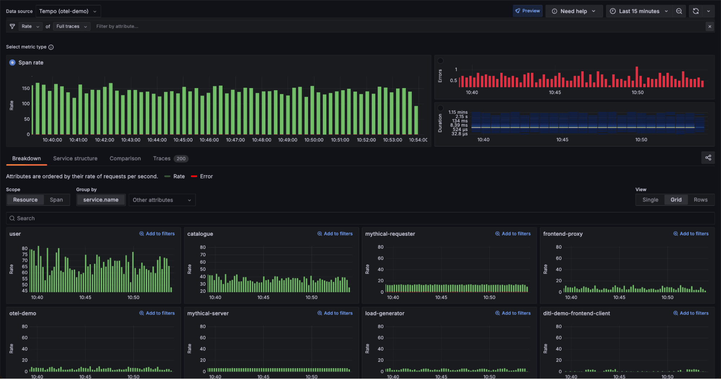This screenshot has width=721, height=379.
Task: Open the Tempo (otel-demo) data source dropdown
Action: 68,11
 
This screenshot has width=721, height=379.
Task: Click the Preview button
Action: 527,11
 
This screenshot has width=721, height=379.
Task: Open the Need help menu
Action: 573,11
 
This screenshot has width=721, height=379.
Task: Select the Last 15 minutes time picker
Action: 638,11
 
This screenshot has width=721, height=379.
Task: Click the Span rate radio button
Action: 12,62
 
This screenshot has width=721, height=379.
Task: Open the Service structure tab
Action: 75,158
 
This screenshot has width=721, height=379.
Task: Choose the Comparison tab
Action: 125,158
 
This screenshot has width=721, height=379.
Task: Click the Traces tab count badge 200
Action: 181,159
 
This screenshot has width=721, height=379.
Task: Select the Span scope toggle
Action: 56,200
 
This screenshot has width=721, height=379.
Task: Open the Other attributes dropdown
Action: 162,200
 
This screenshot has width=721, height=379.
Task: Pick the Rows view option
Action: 700,200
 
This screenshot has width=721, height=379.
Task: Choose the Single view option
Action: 650,200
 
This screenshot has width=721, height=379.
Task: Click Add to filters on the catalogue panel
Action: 335,234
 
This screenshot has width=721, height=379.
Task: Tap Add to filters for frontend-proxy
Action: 691,234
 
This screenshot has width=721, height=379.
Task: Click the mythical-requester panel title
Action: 390,234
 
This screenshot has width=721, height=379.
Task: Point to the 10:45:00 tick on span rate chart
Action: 183,140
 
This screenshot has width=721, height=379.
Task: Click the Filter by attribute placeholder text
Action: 117,26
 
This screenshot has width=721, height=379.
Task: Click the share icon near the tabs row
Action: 708,158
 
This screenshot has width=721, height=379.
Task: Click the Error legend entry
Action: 206,177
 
